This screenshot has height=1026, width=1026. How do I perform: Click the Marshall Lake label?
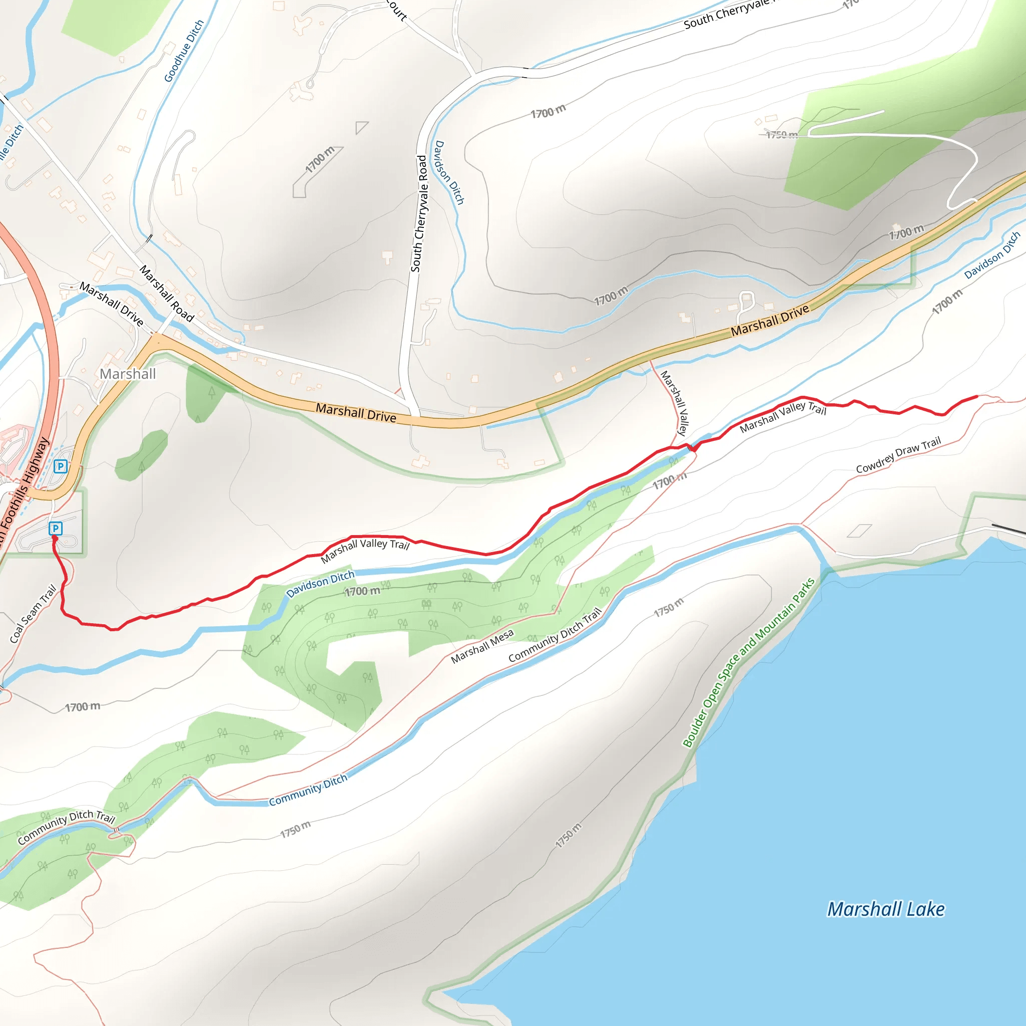[x=886, y=909]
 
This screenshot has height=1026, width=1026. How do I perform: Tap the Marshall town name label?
[x=127, y=374]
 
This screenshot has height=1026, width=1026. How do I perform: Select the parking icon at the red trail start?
[x=55, y=529]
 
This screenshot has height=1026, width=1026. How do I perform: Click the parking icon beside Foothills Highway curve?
[x=61, y=466]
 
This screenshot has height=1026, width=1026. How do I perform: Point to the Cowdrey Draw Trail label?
[x=898, y=454]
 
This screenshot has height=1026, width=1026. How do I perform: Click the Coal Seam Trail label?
[x=33, y=613]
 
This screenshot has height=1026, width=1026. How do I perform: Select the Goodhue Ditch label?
[x=184, y=51]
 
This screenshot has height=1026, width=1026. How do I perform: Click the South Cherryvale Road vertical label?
[x=419, y=213]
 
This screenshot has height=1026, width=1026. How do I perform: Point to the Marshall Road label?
[x=166, y=294]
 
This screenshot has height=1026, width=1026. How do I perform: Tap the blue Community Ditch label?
[x=308, y=789]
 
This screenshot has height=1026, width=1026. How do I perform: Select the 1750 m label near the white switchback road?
[x=782, y=135]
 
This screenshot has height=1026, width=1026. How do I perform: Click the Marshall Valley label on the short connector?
[x=674, y=403]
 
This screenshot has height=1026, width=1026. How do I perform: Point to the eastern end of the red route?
[x=976, y=396]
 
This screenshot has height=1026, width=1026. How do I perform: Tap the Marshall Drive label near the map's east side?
[x=769, y=320]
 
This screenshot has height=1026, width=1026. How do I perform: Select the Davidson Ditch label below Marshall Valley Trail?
[x=320, y=584]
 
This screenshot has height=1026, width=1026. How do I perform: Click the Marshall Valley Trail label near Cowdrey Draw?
[x=783, y=416]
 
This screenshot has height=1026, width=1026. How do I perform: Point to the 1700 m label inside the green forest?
[x=362, y=591]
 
